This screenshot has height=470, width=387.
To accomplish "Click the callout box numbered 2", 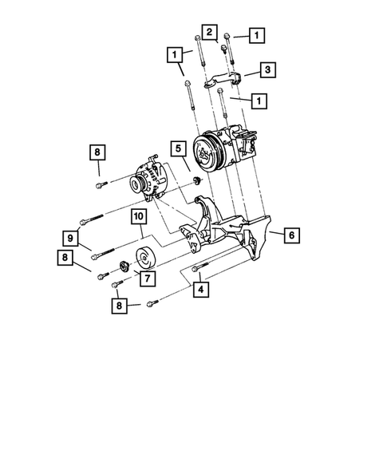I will click(x=208, y=32).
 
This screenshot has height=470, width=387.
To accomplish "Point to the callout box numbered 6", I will click(x=291, y=235).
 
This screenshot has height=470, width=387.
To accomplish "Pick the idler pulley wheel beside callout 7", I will click(x=146, y=260).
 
